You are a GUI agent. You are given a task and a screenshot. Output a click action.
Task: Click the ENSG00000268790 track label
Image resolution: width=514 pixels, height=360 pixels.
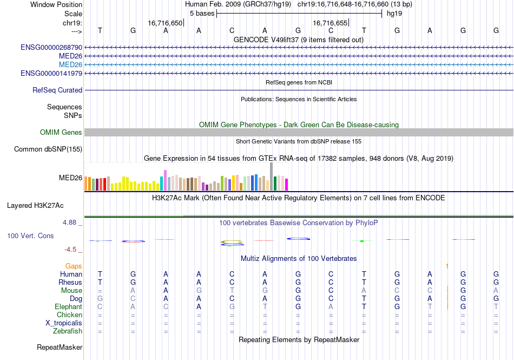[51, 48]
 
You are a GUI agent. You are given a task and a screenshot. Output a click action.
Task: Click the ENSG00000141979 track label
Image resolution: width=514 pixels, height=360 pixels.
[51, 73]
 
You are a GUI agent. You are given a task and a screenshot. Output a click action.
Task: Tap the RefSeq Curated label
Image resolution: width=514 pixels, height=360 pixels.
[57, 90]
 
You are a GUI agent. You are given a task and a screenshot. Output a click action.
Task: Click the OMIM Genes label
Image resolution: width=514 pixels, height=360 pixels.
[61, 133]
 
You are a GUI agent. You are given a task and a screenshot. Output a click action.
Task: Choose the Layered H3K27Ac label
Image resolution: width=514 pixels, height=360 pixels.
[35, 206]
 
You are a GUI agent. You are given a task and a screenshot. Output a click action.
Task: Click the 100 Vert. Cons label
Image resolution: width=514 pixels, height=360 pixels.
[30, 236]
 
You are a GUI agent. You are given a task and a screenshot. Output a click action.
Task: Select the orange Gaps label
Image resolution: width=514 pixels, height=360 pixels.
[74, 266]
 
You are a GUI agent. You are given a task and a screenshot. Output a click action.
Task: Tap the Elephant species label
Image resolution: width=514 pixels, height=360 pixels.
[68, 306]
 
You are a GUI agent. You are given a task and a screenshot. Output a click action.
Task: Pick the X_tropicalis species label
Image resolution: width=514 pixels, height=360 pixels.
[64, 323]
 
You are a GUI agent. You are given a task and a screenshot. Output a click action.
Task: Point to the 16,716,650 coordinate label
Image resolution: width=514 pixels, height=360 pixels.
[165, 23]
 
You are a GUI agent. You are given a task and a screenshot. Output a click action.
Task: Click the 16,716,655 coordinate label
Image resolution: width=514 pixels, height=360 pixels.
[330, 23]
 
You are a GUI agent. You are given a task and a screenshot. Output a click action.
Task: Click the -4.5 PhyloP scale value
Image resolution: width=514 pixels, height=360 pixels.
[73, 250]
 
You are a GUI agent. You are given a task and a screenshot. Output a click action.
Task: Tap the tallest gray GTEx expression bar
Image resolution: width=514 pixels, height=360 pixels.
[271, 176]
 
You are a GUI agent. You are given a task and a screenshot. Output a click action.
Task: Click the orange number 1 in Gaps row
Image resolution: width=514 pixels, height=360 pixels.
[447, 266]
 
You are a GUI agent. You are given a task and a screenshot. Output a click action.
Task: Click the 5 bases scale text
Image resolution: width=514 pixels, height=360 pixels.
[201, 13]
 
